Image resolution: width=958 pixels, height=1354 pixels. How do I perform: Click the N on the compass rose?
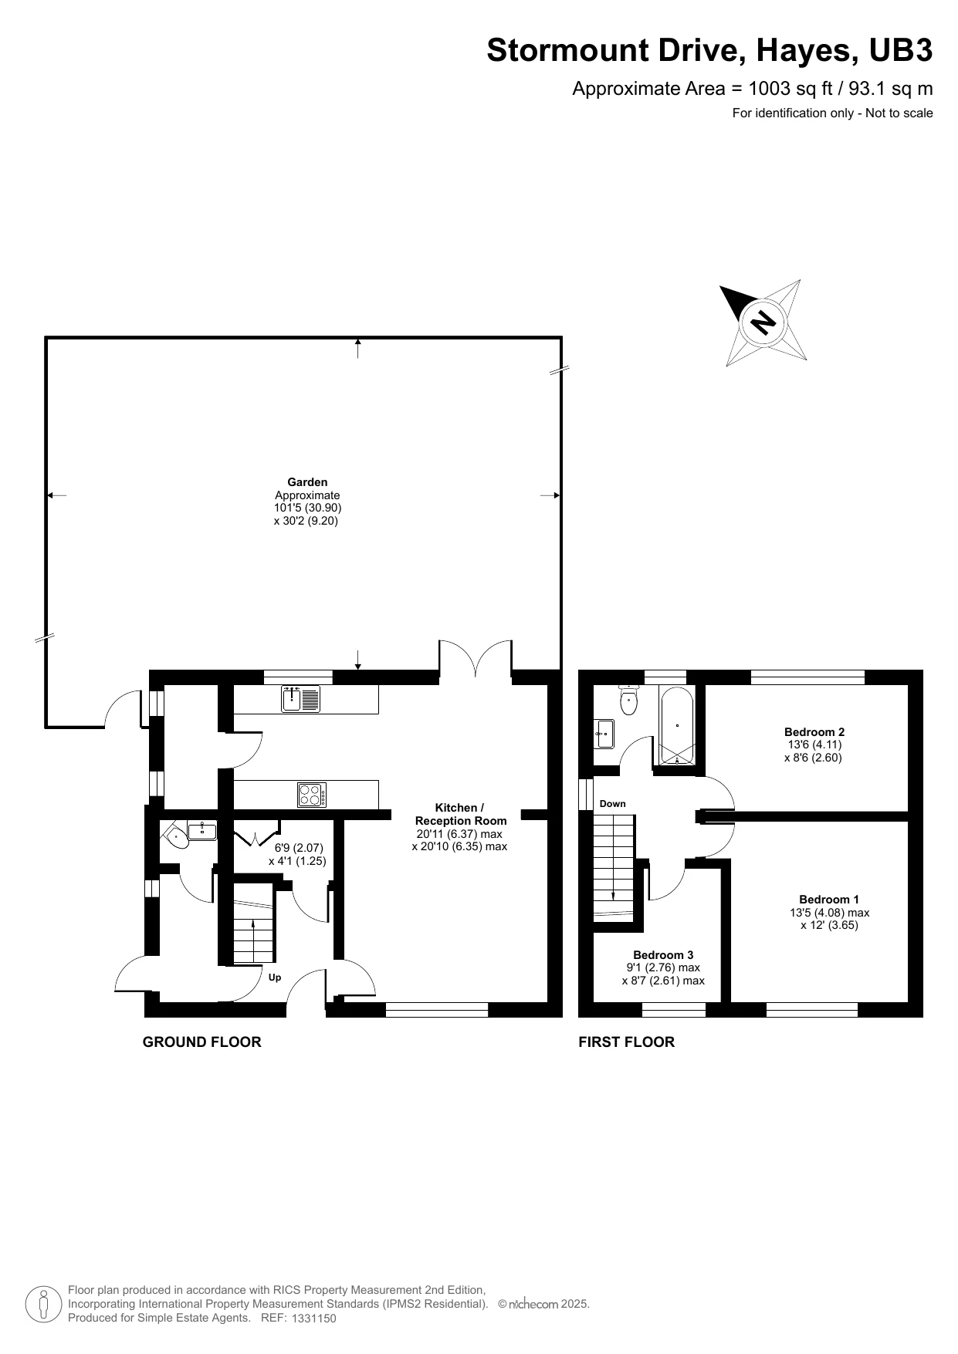(x=763, y=321)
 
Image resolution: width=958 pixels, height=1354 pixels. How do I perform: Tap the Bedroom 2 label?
(x=814, y=732)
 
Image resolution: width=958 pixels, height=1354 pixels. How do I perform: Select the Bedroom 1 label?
(x=828, y=899)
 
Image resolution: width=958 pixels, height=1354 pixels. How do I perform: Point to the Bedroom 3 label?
(x=663, y=954)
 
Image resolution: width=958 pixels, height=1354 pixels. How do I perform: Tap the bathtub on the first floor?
(x=677, y=726)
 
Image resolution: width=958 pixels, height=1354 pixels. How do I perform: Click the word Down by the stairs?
(x=612, y=804)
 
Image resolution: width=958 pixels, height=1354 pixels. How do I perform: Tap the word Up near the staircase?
(x=274, y=978)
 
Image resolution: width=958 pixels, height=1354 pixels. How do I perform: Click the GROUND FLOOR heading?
(x=201, y=1042)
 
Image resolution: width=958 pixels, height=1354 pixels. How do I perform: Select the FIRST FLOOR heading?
(x=626, y=1042)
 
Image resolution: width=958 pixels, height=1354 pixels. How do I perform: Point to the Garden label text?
(x=307, y=482)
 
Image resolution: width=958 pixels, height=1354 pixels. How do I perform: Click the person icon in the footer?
(x=44, y=1305)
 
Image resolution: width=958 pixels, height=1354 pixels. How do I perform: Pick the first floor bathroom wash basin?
(x=604, y=734)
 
